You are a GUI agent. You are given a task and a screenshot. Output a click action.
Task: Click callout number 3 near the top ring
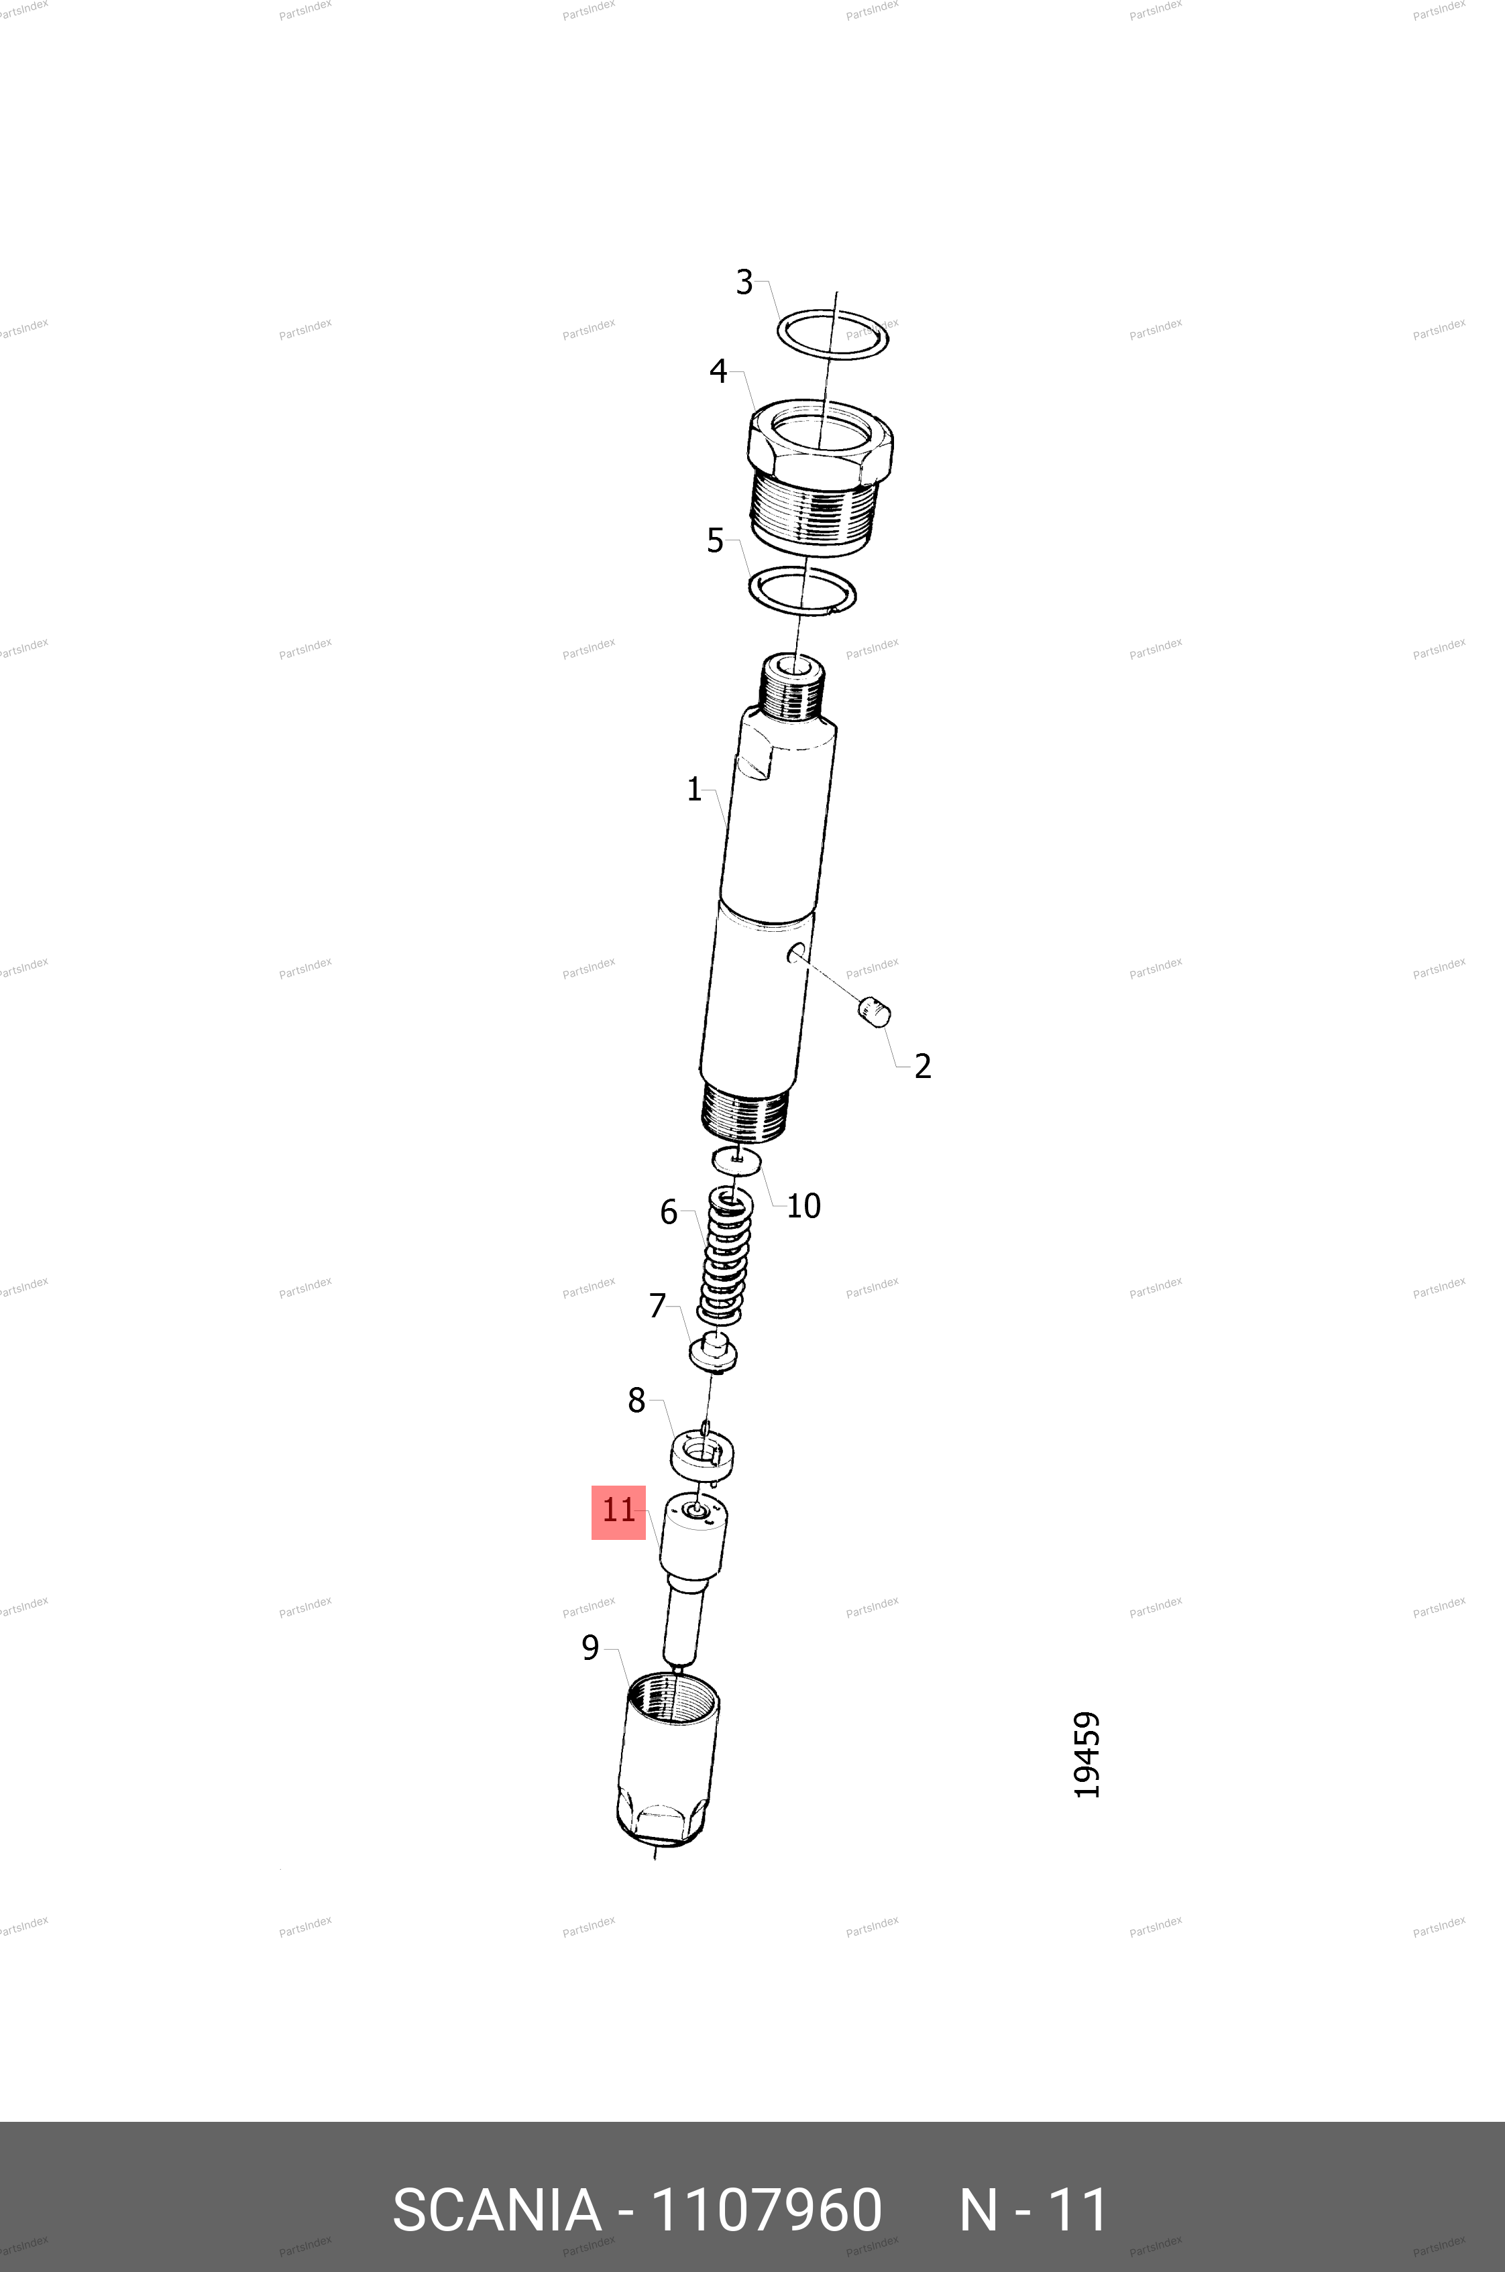coord(744,282)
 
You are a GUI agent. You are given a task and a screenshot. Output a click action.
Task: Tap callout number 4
coord(718,371)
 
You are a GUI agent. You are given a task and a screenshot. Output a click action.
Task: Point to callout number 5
coord(715,541)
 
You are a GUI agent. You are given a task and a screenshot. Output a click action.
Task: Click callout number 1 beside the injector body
coord(694,790)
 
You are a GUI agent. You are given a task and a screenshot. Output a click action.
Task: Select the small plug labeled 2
coord(873,1011)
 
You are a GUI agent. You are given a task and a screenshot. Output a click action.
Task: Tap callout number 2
coord(922,1066)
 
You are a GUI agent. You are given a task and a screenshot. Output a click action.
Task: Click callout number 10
coord(803,1206)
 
